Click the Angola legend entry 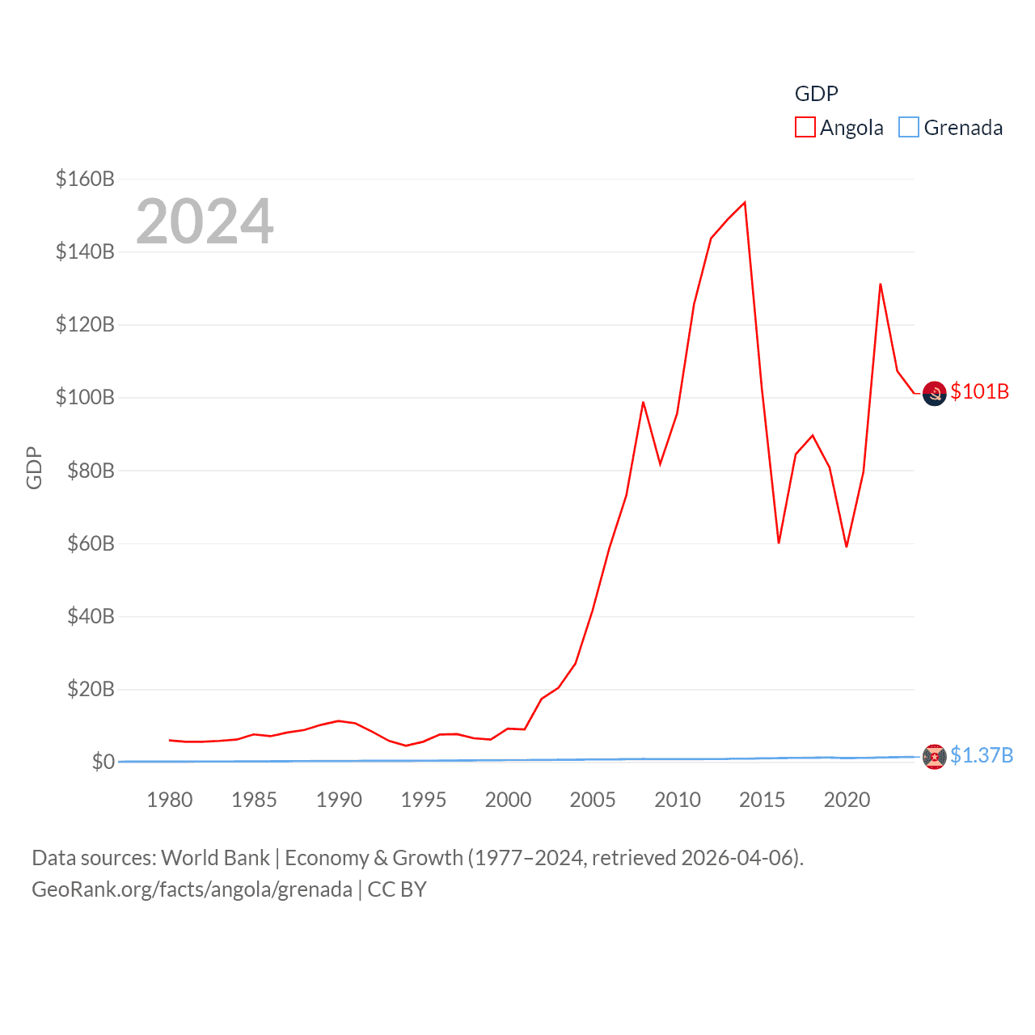[x=839, y=128]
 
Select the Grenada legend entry [x=951, y=128]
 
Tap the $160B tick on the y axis [x=85, y=179]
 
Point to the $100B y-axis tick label [x=85, y=397]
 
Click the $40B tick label [x=90, y=616]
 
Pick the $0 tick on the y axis [x=103, y=762]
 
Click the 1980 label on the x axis [x=170, y=800]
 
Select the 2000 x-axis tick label [x=508, y=800]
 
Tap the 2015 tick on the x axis [x=762, y=800]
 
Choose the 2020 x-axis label [x=847, y=800]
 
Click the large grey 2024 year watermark [x=205, y=222]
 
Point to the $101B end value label [x=979, y=391]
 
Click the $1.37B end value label [x=981, y=755]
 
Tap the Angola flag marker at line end [x=934, y=394]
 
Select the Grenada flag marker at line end [x=934, y=757]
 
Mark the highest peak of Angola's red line [x=745, y=202]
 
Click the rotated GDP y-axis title [x=34, y=467]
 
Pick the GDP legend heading [x=816, y=94]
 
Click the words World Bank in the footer [x=215, y=857]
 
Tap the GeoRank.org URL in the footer [x=192, y=889]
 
